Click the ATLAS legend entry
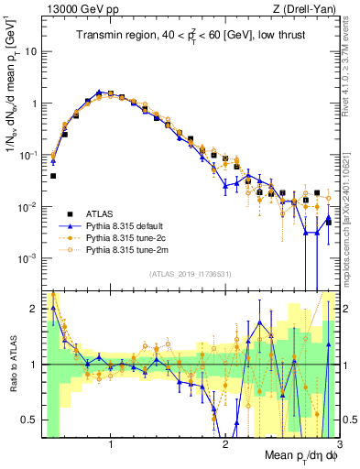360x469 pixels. point(96,212)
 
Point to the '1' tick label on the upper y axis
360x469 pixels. point(34,104)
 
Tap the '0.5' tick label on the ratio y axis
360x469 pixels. point(30,420)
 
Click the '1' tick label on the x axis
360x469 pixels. point(111,444)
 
